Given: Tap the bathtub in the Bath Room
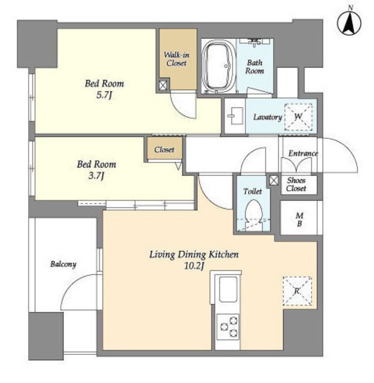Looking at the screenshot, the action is tap(218, 66).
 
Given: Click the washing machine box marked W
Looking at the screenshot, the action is tap(298, 117).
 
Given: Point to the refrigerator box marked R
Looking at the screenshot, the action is tap(297, 291).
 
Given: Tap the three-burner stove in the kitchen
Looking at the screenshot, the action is tap(228, 326).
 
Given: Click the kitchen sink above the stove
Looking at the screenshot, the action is tap(228, 290).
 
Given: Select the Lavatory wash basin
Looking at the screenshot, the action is tap(235, 116).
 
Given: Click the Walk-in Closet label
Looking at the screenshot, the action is tap(177, 59).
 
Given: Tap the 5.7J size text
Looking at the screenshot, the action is tap(104, 95).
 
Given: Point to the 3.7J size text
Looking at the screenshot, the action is tap(96, 175).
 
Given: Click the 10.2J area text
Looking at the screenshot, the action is tap(194, 266).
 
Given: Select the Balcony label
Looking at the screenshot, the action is tap(63, 264).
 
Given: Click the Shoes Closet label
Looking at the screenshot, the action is tap(296, 184).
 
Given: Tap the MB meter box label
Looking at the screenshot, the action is tap(299, 220).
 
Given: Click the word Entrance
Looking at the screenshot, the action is tap(303, 153).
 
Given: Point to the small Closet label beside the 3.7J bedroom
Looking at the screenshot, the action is tap(164, 150).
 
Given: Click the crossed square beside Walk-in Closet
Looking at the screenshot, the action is tap(163, 85).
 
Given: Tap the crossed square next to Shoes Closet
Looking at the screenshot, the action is tap(274, 181).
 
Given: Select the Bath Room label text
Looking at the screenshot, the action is tap(254, 66).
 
